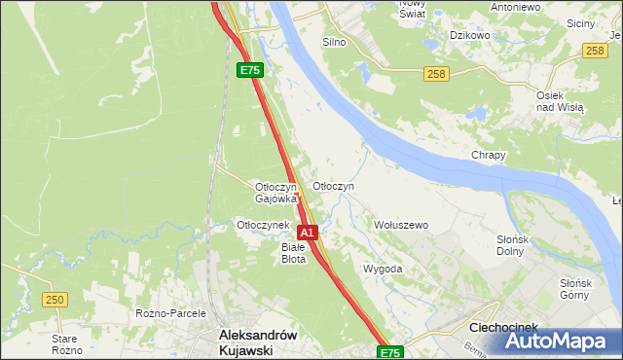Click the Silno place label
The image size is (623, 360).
334,43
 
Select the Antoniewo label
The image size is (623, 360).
516,7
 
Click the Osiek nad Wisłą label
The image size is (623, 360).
560,100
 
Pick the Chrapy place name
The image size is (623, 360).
489,156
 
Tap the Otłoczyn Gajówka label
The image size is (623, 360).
275,193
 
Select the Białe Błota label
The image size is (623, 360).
293,253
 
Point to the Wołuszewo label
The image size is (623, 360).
401,225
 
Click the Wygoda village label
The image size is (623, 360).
383,269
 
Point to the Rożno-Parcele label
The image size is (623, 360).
166,313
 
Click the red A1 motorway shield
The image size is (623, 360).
307,234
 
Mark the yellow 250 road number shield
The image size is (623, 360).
55,299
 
